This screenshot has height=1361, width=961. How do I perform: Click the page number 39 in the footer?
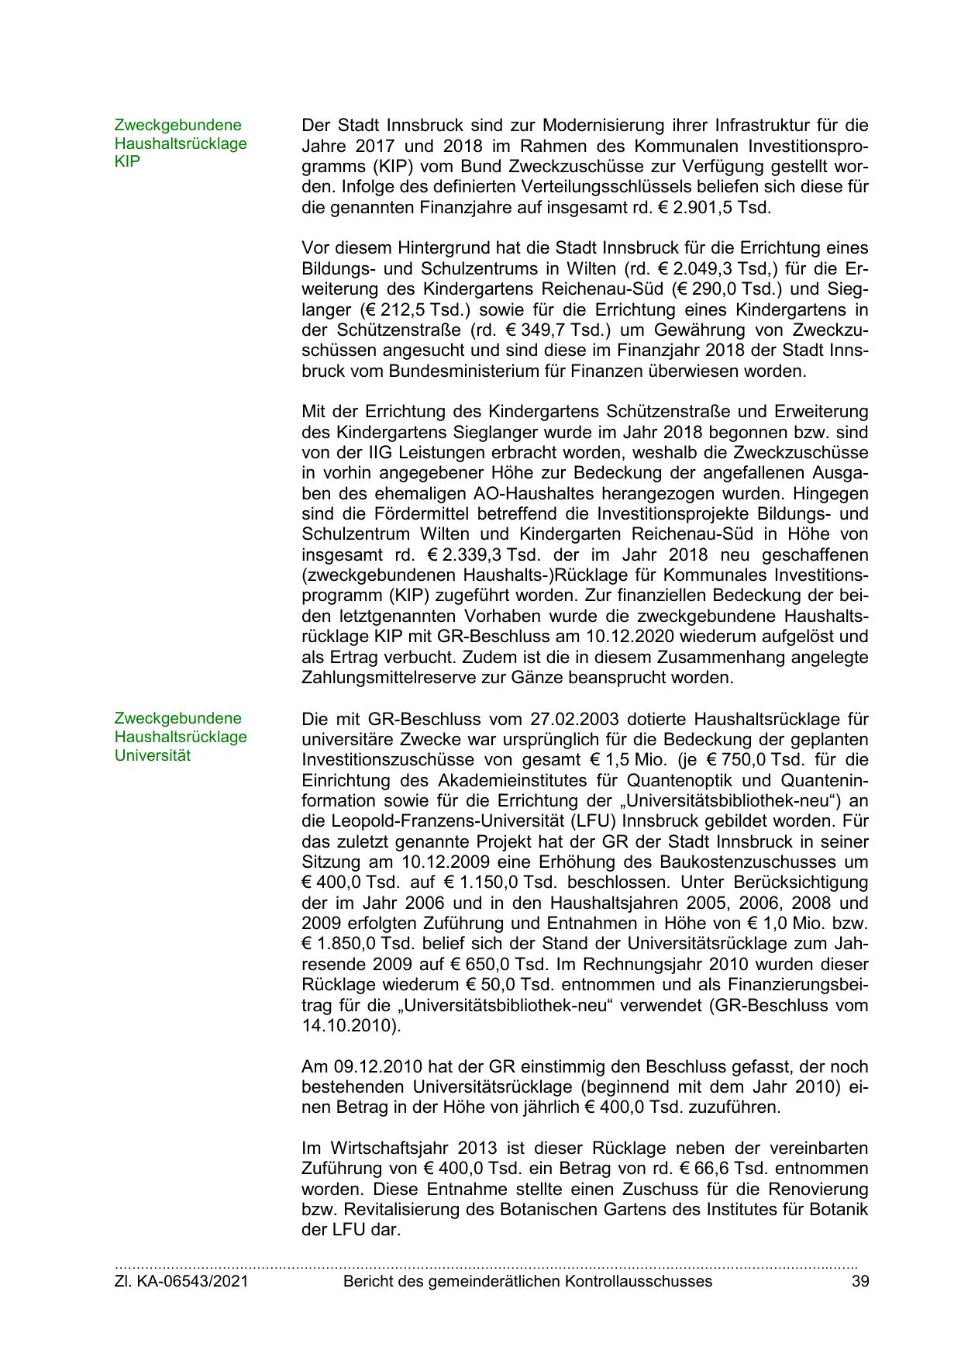[x=859, y=1281]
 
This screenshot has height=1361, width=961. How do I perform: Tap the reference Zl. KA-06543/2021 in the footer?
[x=181, y=1281]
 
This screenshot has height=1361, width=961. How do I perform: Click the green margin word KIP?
[x=127, y=162]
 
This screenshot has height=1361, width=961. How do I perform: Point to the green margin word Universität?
[x=152, y=755]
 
